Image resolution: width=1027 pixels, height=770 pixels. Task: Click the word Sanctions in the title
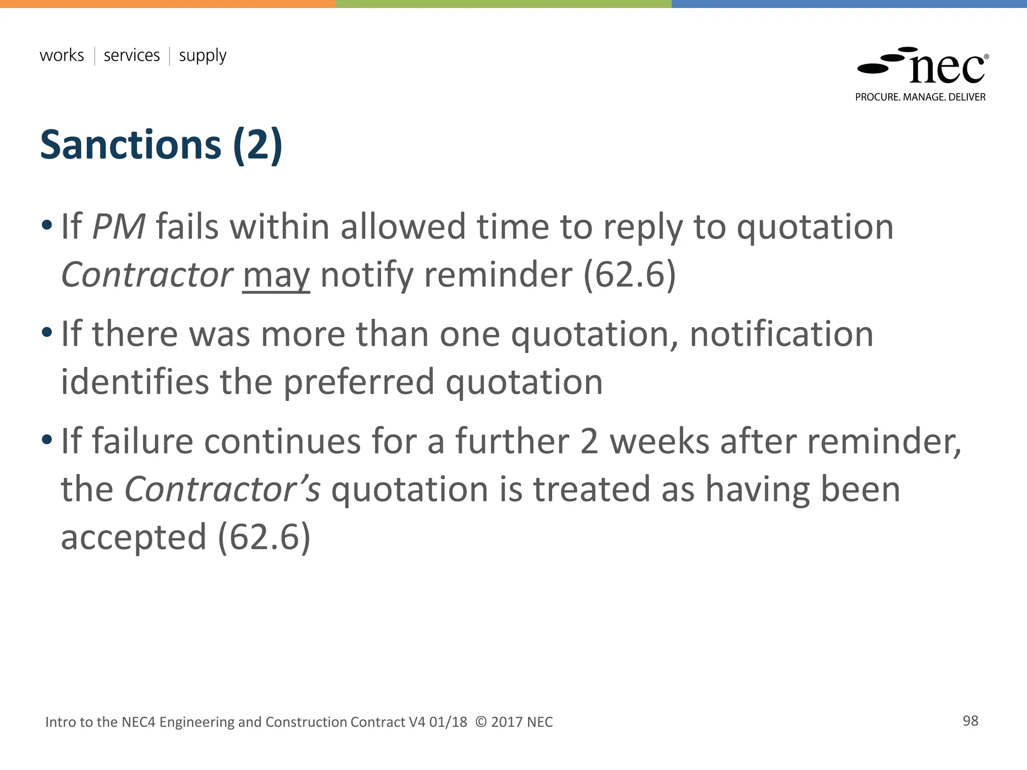pyautogui.click(x=130, y=145)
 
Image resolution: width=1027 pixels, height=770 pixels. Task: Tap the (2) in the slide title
pyautogui.click(x=258, y=145)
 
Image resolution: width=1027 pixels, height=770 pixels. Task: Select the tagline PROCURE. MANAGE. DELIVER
pyautogui.click(x=920, y=97)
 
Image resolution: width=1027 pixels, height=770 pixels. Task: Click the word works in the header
pyautogui.click(x=62, y=55)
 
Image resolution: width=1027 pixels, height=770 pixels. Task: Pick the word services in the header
pyautogui.click(x=131, y=55)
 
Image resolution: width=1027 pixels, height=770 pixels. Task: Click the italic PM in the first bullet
pyautogui.click(x=119, y=227)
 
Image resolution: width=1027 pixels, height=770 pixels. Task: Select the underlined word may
pyautogui.click(x=276, y=276)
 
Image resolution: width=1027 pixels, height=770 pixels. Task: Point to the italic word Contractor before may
pyautogui.click(x=146, y=275)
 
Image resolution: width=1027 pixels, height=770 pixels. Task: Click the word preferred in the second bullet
pyautogui.click(x=359, y=382)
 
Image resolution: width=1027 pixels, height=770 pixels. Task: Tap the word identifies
pyautogui.click(x=134, y=382)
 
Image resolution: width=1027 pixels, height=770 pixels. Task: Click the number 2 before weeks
pyautogui.click(x=589, y=442)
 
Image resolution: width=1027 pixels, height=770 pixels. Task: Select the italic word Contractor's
pyautogui.click(x=222, y=489)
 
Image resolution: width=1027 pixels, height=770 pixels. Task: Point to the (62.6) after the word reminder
pyautogui.click(x=629, y=275)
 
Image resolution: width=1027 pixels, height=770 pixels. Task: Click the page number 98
pyautogui.click(x=970, y=721)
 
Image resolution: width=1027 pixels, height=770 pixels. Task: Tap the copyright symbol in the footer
pyautogui.click(x=480, y=722)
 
